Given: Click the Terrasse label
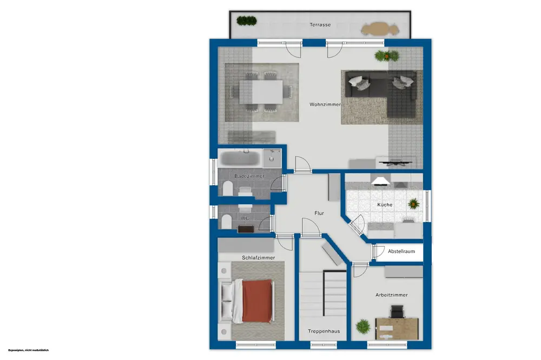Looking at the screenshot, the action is (x=320, y=25).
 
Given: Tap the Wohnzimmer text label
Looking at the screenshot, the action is (x=325, y=104).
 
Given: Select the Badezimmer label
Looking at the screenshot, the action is (x=249, y=176).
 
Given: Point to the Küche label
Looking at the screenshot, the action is (x=385, y=205).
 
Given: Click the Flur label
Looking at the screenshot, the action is (x=319, y=214).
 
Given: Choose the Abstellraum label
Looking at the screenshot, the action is (x=401, y=251).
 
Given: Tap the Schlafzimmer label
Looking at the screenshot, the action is (x=259, y=258).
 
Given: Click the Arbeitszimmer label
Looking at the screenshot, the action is (x=392, y=295).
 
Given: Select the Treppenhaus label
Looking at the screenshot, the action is (x=324, y=331).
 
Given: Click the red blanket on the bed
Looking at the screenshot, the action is (x=257, y=301).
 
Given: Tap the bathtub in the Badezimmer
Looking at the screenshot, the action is (x=240, y=158).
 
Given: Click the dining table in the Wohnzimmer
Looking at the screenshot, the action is (x=261, y=92).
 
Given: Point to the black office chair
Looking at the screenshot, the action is (x=396, y=312).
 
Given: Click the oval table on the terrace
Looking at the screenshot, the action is (x=380, y=29).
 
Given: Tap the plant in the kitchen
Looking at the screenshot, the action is (x=413, y=204).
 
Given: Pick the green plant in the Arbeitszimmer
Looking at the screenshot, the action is (x=363, y=326).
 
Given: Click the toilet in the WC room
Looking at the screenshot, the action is (x=226, y=222).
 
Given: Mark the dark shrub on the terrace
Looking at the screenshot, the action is (x=247, y=21).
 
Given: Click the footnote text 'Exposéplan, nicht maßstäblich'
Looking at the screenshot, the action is (x=29, y=350).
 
